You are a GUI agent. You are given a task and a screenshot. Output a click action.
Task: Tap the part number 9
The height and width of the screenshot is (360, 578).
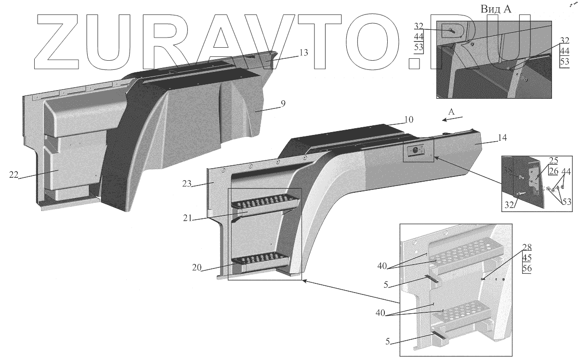[283, 103]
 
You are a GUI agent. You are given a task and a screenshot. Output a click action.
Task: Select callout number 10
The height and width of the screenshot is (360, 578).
[409, 119]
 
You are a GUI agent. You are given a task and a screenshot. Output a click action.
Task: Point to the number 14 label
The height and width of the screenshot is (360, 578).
[489, 138]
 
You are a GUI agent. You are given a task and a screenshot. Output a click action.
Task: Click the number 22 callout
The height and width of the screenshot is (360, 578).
[13, 174]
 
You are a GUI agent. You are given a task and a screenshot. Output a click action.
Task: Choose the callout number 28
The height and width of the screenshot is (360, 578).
[526, 247]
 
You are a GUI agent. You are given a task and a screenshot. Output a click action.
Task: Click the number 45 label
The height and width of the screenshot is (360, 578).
[526, 258]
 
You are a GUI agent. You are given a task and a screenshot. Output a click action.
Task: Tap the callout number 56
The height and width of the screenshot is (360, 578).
[526, 269]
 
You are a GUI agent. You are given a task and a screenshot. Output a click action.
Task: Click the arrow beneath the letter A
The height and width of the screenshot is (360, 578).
[454, 118]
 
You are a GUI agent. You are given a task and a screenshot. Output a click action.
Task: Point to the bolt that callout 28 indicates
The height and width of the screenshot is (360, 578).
[483, 278]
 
